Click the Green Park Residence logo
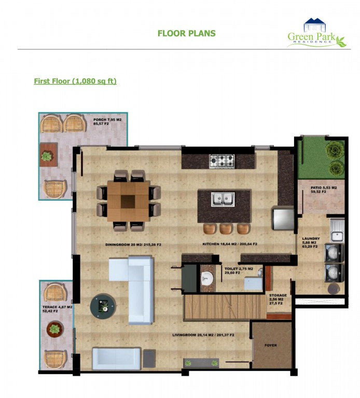pos(316,33)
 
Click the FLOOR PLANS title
pos(186,33)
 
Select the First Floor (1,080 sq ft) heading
pos(75,81)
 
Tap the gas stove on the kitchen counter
pos(222,161)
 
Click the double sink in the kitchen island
pos(223,199)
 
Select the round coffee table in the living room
pos(103,306)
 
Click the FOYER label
pos(271,345)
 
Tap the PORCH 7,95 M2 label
pos(107,120)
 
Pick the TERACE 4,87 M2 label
pos(58,307)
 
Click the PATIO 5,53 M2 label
pos(324,188)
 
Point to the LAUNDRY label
pos(311,238)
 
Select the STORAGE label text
pos(278,295)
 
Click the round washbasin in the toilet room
pos(207,278)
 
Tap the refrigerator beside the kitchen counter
pos(283,218)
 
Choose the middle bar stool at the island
pos(226,229)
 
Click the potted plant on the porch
pos(47,156)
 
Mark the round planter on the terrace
pos(54,329)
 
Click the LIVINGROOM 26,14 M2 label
pos(203,335)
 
